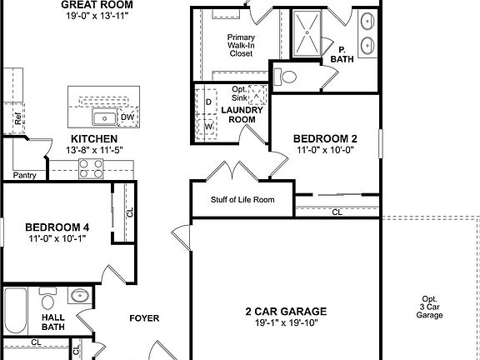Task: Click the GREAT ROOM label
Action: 97,4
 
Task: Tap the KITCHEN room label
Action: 93,138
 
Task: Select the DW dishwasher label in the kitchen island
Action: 127,117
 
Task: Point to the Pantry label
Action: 25,175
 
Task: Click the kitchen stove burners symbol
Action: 91,168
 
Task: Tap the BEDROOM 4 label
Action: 57,227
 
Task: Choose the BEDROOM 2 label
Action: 325,137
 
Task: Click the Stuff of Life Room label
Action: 242,200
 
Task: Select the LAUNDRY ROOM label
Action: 242,114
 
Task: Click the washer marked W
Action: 208,127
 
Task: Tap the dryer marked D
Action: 208,102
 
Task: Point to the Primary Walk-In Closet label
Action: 240,46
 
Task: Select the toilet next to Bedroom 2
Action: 288,77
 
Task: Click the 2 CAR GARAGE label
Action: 286,312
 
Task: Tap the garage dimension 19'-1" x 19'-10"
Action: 286,324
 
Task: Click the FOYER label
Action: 144,317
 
